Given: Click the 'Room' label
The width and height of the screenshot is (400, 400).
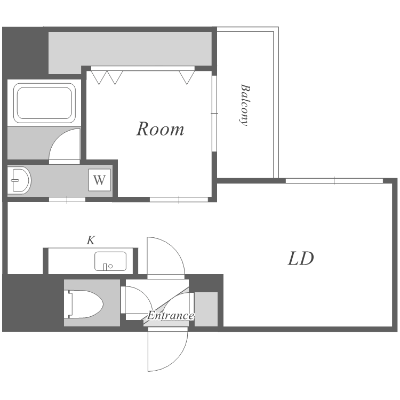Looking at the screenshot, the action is click(160, 129).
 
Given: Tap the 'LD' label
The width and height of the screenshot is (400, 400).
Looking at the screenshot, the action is click(301, 259).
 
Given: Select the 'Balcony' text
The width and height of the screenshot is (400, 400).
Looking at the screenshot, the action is click(245, 105).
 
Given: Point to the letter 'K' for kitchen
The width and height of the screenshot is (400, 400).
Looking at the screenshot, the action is click(91, 240).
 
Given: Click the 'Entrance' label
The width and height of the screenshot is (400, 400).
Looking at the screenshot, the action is click(171, 316).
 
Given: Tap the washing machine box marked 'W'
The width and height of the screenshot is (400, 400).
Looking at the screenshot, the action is click(100, 180).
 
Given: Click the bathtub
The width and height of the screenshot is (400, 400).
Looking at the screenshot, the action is click(44, 103).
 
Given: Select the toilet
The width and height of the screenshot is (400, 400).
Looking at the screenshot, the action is click(85, 304).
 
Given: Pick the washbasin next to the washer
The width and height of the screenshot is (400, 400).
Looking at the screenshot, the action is click(19, 180).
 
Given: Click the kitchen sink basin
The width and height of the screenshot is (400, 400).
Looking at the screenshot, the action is click(110, 261).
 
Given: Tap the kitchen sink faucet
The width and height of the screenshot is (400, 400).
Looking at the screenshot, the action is click(105, 267).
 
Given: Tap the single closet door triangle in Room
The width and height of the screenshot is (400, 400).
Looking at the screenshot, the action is click(187, 77).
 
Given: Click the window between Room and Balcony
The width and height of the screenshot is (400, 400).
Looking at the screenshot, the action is click(214, 113).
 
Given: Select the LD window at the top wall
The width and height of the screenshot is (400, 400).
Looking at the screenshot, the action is click(334, 181).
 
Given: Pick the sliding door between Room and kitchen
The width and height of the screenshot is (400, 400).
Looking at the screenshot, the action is click(179, 199).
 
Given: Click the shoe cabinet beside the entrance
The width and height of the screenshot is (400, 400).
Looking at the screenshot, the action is click(206, 309).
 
